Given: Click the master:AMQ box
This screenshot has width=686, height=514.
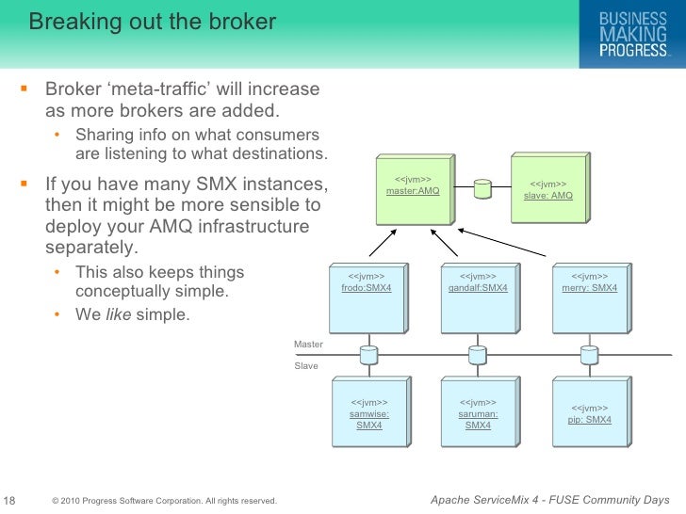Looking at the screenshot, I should click(412, 189).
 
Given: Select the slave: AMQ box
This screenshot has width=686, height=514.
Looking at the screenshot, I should click(547, 189).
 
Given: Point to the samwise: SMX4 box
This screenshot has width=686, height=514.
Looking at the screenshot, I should click(368, 414).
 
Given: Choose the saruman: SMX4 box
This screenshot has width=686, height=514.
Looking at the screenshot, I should click(478, 414).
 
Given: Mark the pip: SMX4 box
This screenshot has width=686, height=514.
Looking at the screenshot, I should click(589, 414).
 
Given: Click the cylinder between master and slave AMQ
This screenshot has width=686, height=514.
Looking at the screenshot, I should click(482, 188).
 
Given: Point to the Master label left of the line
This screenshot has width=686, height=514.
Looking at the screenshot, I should click(308, 345).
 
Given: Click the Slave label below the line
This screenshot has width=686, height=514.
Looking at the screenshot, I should click(306, 365).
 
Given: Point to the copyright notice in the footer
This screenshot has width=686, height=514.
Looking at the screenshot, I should click(165, 500).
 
